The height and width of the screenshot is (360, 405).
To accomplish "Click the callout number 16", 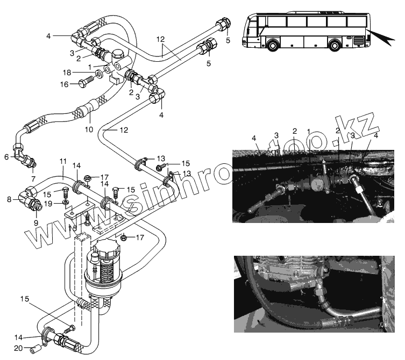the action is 63,84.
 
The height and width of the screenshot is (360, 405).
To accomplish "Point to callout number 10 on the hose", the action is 89,129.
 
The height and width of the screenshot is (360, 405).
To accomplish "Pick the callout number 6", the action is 6,157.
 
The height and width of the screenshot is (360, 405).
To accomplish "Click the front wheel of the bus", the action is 274,45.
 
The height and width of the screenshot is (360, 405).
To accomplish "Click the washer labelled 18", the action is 100,73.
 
